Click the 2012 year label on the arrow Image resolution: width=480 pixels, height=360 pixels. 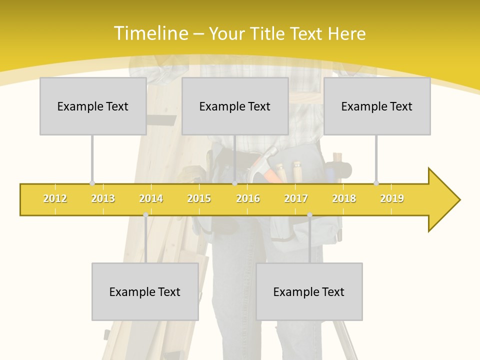55,198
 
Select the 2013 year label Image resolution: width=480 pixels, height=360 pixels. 103,198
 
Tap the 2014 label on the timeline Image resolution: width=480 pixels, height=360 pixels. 151,198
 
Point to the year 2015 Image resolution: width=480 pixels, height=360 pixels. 199,198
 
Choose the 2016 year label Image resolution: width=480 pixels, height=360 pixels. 248,198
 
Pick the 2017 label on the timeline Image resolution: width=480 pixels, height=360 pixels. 296,198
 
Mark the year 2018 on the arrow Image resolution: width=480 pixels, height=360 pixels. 344,198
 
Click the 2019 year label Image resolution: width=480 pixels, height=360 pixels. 392,198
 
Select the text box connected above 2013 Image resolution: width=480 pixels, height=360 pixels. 93,106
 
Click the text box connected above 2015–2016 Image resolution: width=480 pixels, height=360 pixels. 235,106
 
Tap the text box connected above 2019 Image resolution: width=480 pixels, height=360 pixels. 377,106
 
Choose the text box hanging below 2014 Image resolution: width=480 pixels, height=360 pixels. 145,291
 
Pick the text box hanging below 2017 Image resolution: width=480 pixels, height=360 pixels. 309,291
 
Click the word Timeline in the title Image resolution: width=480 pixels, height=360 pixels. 150,33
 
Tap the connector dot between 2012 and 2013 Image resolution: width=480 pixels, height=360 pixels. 92,183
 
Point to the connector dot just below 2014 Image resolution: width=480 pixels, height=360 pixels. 145,214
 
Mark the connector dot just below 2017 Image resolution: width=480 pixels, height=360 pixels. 309,214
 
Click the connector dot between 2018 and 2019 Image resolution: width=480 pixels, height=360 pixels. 376,183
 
